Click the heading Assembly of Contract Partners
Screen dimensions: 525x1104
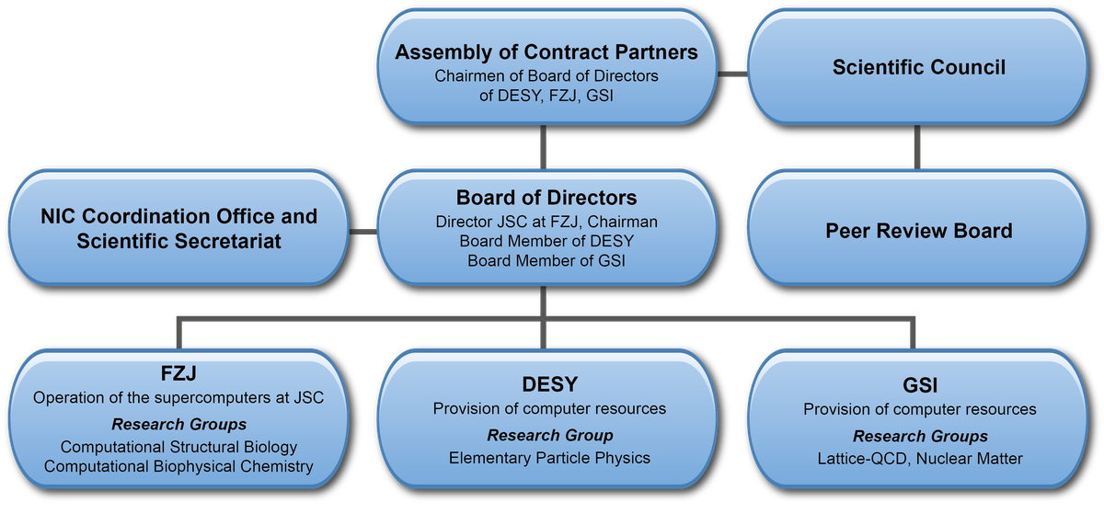click(x=546, y=52)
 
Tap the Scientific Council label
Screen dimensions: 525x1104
click(x=918, y=67)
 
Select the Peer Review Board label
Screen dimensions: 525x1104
click(x=918, y=230)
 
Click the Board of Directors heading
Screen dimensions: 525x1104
click(x=546, y=198)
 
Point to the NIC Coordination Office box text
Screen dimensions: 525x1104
click(x=178, y=229)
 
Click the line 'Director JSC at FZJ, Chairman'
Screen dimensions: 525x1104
click(x=546, y=222)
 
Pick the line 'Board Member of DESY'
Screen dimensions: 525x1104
click(x=546, y=241)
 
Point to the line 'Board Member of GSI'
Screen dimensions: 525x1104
click(x=546, y=260)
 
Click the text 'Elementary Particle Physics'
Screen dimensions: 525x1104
click(x=549, y=458)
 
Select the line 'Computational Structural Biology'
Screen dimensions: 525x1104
click(x=178, y=447)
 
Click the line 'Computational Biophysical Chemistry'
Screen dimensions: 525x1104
click(x=178, y=466)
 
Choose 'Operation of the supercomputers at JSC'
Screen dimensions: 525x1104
click(x=178, y=398)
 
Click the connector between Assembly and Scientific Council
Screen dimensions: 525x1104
click(x=732, y=74)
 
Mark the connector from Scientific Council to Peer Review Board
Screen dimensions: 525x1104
click(x=916, y=147)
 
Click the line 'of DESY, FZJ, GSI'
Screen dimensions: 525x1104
click(x=546, y=95)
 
